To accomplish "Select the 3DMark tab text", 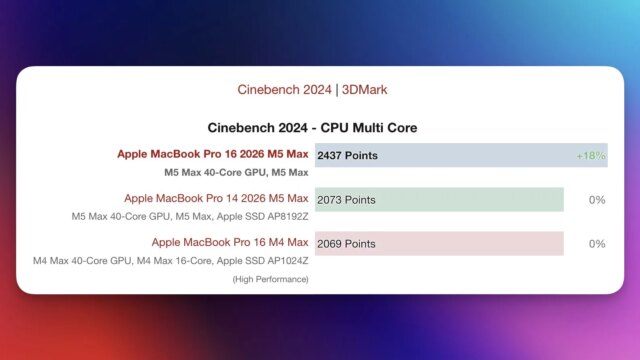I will (x=365, y=90).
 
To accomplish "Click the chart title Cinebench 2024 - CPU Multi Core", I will (x=312, y=128).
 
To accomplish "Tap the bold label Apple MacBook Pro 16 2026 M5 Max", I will (x=213, y=154).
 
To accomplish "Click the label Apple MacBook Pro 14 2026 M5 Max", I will (x=216, y=198).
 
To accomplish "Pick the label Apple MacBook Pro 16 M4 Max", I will (x=230, y=242).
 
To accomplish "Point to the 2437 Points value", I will (x=346, y=156).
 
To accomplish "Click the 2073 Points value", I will (x=346, y=200).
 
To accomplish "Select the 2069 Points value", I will (x=346, y=244).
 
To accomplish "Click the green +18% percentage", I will (x=591, y=156).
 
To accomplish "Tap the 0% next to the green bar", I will (x=597, y=200).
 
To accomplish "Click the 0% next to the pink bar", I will (x=597, y=244).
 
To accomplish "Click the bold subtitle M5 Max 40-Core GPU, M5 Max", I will (x=236, y=172).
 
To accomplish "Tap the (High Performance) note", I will (x=269, y=279).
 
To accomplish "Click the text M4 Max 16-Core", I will (x=172, y=260).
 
